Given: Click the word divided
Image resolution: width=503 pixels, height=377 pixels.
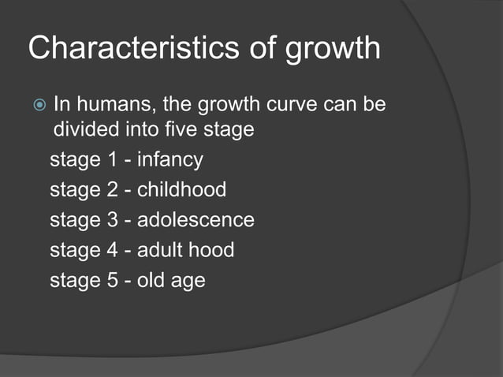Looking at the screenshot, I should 83,129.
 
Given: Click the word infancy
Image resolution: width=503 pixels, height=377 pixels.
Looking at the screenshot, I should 170,160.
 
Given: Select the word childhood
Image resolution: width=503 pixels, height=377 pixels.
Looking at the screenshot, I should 181,189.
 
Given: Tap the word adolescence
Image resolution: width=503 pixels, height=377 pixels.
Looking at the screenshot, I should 196,219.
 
